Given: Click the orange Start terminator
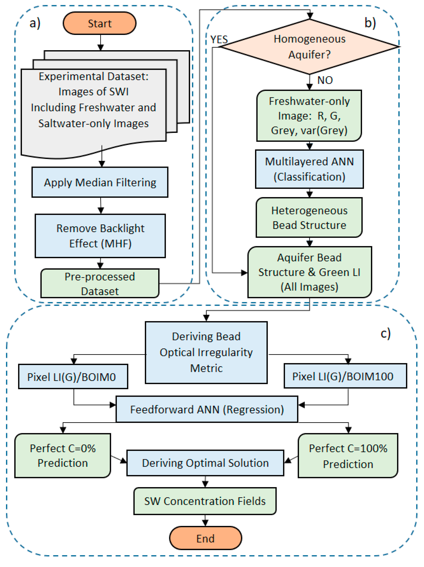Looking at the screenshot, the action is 99,23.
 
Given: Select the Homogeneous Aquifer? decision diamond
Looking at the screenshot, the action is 309,47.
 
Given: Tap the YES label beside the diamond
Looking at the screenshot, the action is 219,40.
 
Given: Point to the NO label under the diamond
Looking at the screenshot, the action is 325,80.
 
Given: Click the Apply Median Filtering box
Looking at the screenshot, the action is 100,182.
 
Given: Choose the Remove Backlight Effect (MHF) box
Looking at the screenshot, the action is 100,236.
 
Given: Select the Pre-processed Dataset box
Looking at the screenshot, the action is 100,283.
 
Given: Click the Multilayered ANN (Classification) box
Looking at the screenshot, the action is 309,169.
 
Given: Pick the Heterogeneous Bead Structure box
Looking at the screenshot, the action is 309,217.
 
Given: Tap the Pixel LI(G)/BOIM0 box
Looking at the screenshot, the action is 73,376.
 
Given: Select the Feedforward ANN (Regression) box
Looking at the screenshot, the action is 207,409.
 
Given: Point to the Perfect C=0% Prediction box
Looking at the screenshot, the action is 63,455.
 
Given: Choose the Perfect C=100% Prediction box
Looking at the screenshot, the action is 348,455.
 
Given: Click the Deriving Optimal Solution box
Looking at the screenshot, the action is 205,463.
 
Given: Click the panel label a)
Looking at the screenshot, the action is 35,23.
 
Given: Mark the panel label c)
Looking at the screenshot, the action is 386,334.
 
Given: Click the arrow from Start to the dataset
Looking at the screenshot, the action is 101,42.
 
